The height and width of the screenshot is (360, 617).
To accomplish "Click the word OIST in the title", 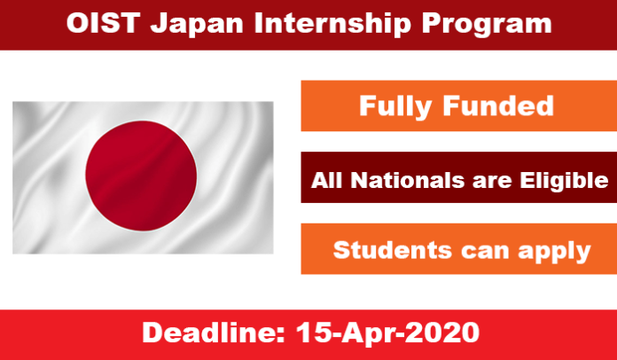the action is tap(104, 23).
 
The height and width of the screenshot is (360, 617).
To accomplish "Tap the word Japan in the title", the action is tap(198, 25).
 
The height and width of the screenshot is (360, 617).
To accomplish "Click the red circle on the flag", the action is tap(141, 176).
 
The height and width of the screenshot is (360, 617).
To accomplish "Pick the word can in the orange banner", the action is tap(484, 252).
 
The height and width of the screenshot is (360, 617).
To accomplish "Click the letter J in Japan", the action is tap(159, 24).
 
